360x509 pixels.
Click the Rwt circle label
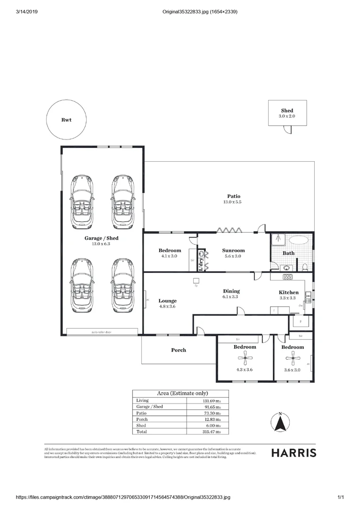66,120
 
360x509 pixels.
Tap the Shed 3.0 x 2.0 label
287,113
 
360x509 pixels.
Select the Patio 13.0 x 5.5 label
232,199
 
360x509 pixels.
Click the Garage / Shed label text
101,238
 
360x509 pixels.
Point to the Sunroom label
233,251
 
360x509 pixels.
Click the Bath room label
288,253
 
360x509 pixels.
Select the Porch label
178,350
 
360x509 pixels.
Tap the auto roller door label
101,332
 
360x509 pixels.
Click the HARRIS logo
294,453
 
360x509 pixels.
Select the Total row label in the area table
141,431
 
